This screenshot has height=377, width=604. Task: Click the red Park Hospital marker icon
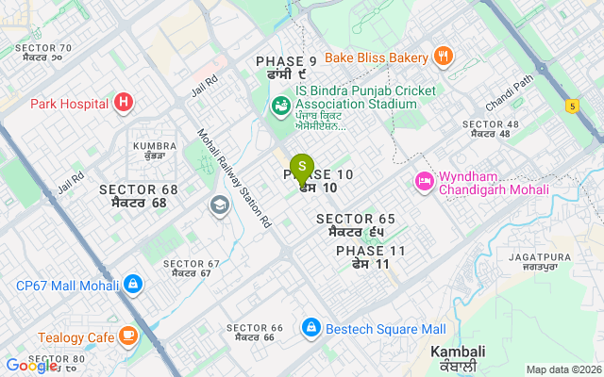tap(123, 102)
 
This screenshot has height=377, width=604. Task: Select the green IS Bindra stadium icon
tap(280, 106)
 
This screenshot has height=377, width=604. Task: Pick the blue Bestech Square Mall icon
tap(310, 328)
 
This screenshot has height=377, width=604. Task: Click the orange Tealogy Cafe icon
tap(127, 336)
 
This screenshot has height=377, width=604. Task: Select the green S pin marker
tap(302, 167)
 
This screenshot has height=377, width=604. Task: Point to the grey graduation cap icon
tap(220, 205)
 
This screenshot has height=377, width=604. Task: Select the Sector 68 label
tap(139, 196)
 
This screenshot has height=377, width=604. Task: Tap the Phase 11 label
tap(371, 257)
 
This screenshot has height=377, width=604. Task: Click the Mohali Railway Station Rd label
tap(234, 179)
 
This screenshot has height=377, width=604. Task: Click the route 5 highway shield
tap(572, 106)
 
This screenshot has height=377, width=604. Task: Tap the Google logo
tap(32, 366)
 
